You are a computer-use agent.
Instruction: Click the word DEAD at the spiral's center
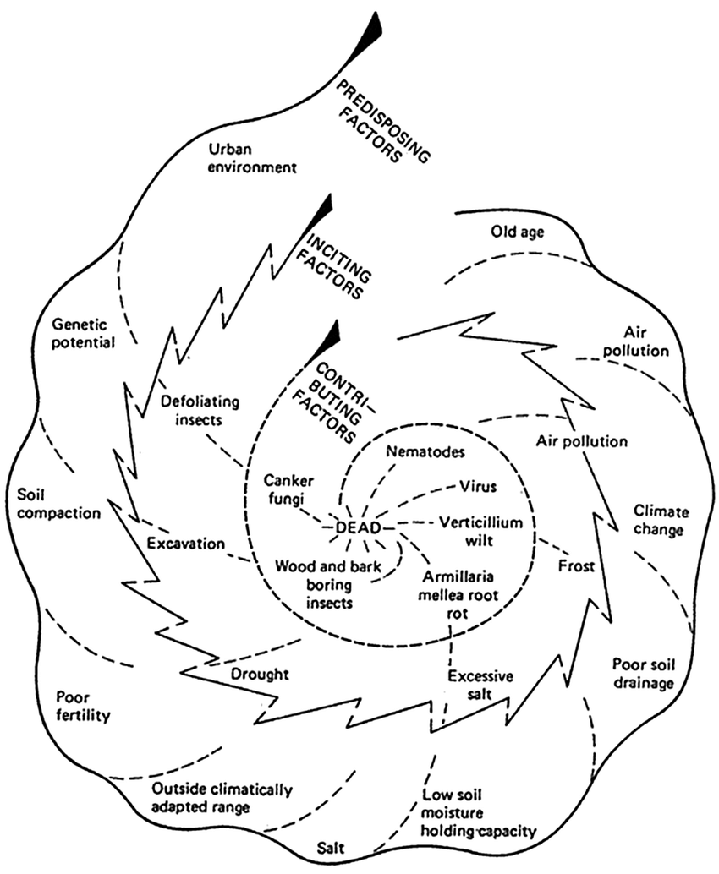pos(354,527)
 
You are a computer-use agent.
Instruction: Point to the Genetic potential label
pos(83,332)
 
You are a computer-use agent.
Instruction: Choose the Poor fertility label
pos(83,707)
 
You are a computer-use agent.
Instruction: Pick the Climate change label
pos(661,521)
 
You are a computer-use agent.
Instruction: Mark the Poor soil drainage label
pos(643,672)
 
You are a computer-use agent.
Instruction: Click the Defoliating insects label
pos(202,408)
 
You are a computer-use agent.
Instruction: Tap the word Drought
pos(260,674)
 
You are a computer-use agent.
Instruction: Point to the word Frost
pos(577,563)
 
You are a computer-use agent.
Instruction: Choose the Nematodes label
pos(425,451)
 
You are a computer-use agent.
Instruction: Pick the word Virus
pos(477,487)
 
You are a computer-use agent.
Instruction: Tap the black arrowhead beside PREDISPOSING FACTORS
pos(369,33)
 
